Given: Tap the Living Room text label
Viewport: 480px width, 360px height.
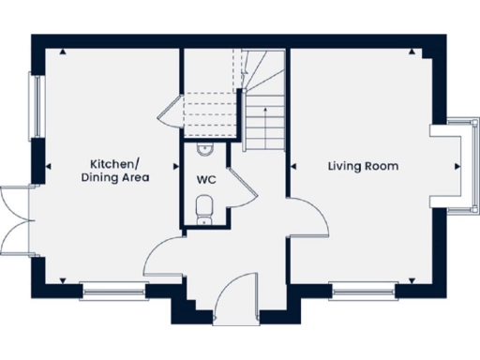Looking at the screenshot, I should pos(363,167).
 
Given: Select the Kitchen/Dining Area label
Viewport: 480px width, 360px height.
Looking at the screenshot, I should pos(115,170).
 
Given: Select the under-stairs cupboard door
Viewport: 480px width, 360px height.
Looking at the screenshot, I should pos(169,111).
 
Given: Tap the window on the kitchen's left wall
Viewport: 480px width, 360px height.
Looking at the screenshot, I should pos(38,105).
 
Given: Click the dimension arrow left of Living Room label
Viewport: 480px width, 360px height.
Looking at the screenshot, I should pos(293,167).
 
